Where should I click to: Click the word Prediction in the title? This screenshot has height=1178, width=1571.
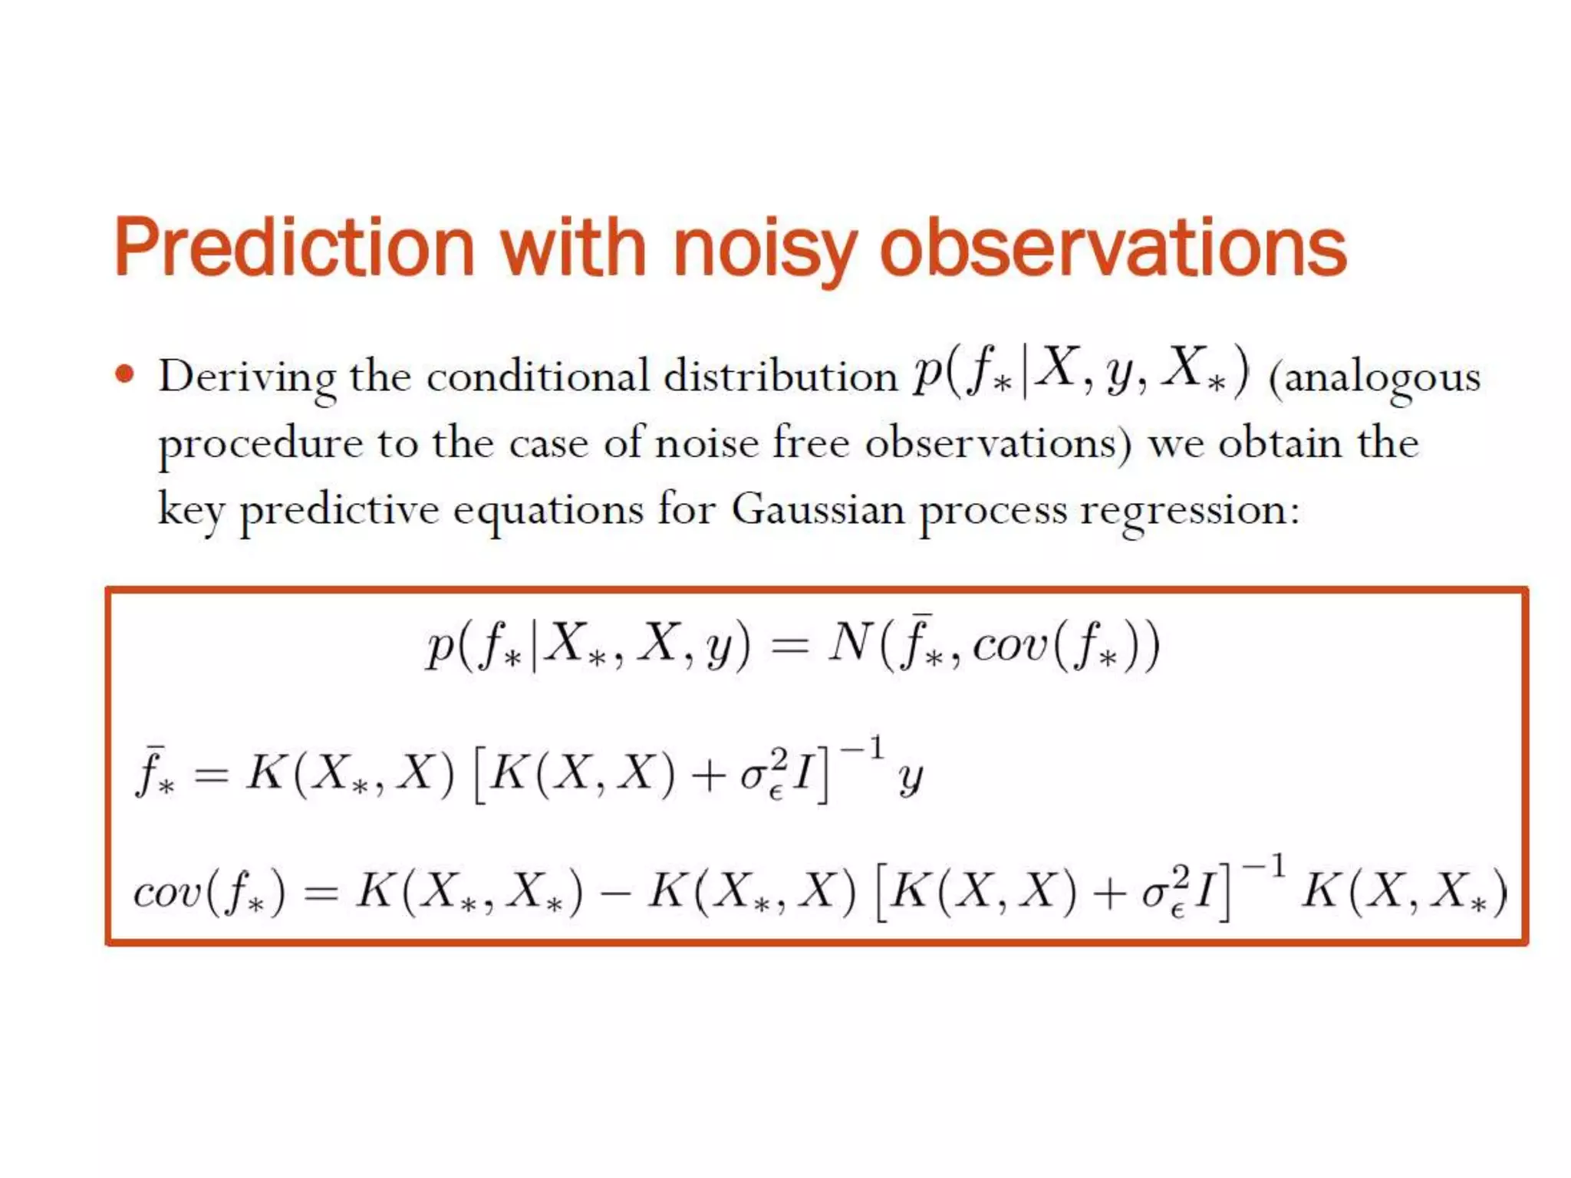tap(295, 247)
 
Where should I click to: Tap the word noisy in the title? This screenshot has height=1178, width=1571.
tap(764, 247)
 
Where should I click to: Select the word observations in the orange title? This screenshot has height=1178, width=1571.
tap(1112, 247)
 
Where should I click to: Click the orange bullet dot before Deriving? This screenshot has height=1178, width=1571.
tap(124, 375)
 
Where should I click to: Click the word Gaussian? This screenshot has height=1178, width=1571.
tap(818, 509)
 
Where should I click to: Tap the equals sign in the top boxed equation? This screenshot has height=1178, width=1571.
tap(790, 646)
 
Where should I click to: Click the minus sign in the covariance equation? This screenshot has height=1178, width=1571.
tap(614, 894)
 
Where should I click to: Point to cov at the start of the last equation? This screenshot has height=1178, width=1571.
tap(166, 893)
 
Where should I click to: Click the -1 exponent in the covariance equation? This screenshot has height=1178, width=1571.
tap(1263, 867)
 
